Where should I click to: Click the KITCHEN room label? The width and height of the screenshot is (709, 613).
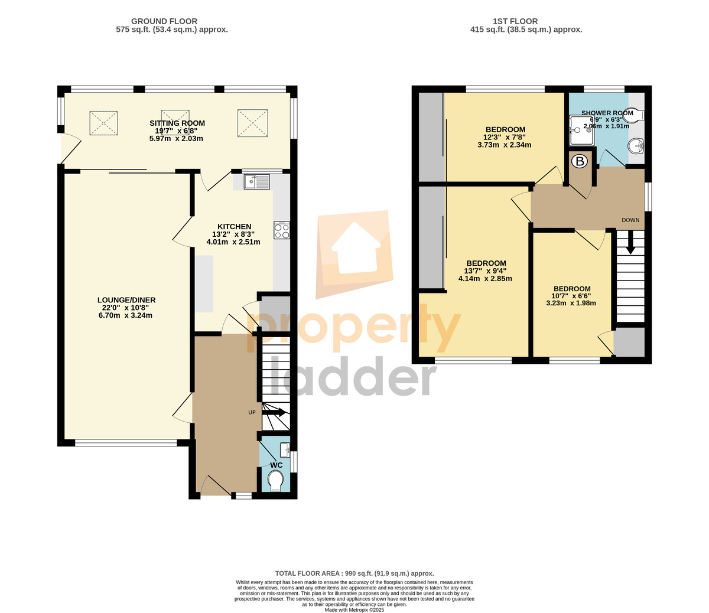[x=235, y=227]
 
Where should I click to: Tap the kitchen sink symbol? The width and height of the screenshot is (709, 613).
[x=257, y=182]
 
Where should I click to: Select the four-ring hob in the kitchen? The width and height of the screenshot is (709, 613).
[x=282, y=230]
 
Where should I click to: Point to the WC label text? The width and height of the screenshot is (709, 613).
[x=277, y=465]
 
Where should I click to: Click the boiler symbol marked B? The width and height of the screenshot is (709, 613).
[x=580, y=161]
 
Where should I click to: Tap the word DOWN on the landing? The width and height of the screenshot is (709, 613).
[x=630, y=220]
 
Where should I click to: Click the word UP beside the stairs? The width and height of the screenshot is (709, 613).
[x=252, y=412]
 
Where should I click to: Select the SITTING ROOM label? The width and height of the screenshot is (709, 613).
[x=177, y=123]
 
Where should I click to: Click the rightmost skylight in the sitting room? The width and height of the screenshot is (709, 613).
[x=252, y=123]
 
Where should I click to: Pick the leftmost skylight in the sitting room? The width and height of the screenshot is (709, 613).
[x=103, y=123]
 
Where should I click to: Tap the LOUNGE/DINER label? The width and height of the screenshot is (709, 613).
[x=126, y=300]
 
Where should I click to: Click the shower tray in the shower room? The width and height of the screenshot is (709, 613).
[x=582, y=130]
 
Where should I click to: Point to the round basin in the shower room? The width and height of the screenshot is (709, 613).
[x=636, y=146]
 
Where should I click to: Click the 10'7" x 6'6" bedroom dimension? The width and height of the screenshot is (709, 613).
[x=571, y=296]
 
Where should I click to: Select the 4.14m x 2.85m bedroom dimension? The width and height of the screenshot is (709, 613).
[x=485, y=278]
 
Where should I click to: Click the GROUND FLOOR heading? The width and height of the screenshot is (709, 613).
[x=164, y=21]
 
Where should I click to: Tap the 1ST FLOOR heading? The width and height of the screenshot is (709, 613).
[x=515, y=21]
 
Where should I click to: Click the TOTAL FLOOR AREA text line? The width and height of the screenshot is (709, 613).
[x=354, y=573]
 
